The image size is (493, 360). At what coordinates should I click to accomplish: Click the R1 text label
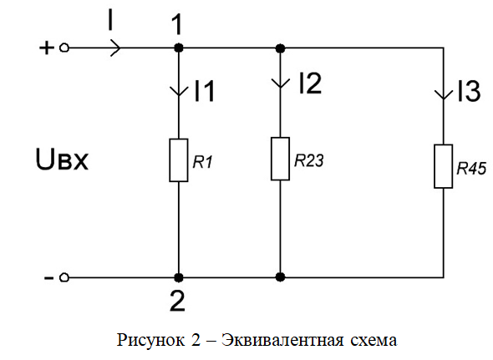(203, 162)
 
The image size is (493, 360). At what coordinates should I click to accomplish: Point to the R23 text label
(309, 160)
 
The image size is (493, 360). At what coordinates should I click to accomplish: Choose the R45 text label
(471, 168)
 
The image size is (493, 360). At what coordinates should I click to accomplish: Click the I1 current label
(205, 91)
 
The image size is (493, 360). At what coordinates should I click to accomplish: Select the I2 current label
(310, 84)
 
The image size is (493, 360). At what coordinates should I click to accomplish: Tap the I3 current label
(469, 91)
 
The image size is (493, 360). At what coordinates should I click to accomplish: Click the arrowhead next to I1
(179, 91)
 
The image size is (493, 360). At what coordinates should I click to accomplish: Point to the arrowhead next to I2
(280, 83)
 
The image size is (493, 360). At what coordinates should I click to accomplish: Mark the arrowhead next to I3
(444, 94)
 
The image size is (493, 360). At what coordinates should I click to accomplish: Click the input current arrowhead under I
(115, 48)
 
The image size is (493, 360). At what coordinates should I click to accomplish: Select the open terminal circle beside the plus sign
(64, 48)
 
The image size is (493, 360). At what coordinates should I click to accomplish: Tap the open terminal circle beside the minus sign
(64, 277)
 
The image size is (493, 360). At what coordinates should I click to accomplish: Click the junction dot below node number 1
(179, 48)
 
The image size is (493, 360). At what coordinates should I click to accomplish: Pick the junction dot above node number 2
(179, 277)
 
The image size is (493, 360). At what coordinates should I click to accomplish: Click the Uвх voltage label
(62, 160)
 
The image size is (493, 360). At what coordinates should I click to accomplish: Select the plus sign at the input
(47, 48)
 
